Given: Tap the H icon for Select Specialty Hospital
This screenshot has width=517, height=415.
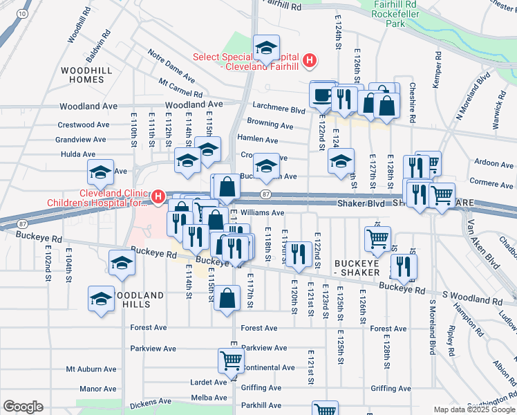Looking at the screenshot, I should [310, 61].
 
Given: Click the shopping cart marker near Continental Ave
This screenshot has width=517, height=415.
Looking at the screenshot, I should [230, 360].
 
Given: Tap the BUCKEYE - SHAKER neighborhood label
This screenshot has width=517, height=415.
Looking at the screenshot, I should [364, 269].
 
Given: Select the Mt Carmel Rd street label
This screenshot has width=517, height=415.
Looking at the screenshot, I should [180, 88].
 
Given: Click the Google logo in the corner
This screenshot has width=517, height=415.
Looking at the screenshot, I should [23, 407].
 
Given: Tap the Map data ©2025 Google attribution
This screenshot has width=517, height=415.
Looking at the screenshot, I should [473, 409].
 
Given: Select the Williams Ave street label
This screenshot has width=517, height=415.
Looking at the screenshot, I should [262, 213].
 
